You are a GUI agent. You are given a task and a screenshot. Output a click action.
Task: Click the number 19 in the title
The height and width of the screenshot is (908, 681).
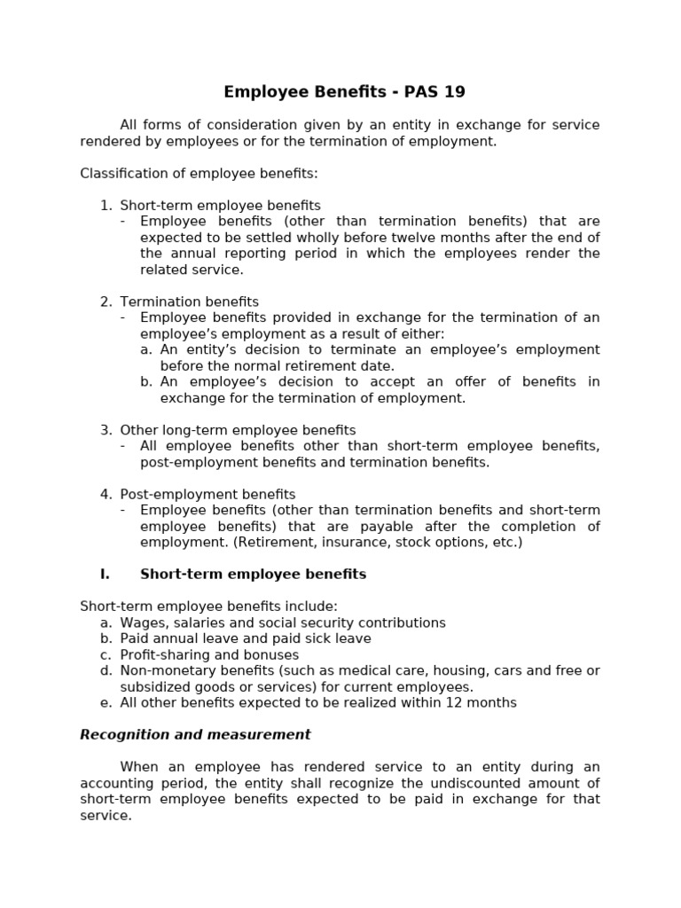coord(454,92)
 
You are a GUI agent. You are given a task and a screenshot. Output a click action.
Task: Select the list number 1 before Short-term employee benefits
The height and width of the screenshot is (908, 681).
coord(106,206)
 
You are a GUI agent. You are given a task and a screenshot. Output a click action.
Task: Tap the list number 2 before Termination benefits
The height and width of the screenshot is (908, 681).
coord(106,302)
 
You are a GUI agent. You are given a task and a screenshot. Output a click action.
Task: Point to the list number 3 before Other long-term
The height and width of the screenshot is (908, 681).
coord(106,430)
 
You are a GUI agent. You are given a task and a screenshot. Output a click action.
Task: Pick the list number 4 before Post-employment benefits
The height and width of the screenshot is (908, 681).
coord(106,495)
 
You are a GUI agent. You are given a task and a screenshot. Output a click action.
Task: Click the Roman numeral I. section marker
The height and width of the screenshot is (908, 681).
coord(105,575)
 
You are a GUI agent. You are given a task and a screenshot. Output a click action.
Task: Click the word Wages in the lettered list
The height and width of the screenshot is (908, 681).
coord(141,623)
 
